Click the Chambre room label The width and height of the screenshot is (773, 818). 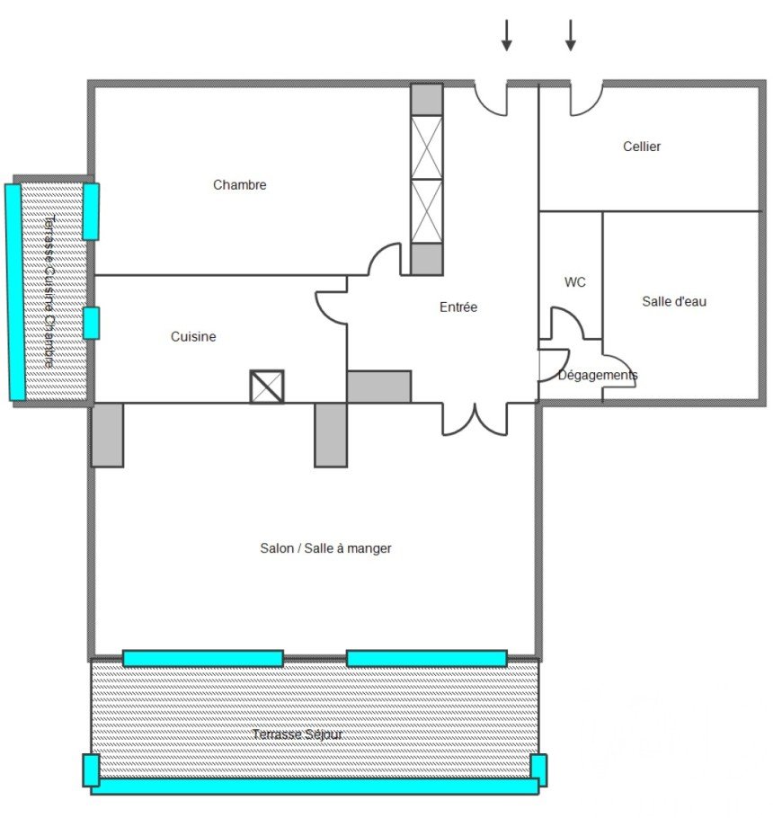pos(239,184)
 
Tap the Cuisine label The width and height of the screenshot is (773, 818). pos(193,336)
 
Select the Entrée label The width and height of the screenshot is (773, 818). pos(458,307)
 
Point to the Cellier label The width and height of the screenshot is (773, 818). pos(642,147)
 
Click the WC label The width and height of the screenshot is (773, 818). pos(574,282)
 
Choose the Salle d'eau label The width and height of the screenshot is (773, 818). pos(674,301)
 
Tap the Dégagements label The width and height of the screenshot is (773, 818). pos(598,375)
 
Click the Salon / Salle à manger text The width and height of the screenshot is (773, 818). pos(325,548)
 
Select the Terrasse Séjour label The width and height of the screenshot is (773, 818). pos(298,734)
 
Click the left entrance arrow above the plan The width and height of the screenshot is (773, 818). pos(506,35)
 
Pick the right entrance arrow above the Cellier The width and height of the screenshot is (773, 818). pos(571,35)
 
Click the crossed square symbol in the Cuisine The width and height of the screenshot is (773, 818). pos(267,387)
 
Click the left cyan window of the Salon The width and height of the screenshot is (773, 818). pos(203,658)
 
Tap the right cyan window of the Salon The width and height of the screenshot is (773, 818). pos(427,658)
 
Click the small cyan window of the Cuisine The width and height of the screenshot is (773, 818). pos(91,324)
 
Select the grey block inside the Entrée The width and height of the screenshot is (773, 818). pos(379,387)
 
